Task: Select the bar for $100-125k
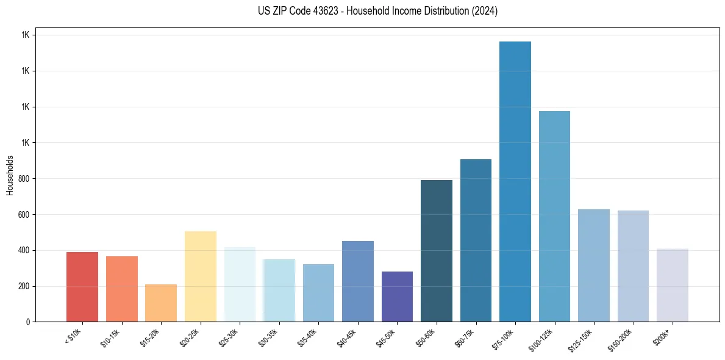[554, 216]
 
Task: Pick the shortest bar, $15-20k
[161, 303]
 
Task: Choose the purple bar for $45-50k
[397, 297]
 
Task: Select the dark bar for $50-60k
[437, 251]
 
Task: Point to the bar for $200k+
[673, 285]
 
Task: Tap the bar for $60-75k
[476, 240]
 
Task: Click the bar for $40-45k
[358, 281]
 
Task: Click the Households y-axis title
[10, 175]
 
